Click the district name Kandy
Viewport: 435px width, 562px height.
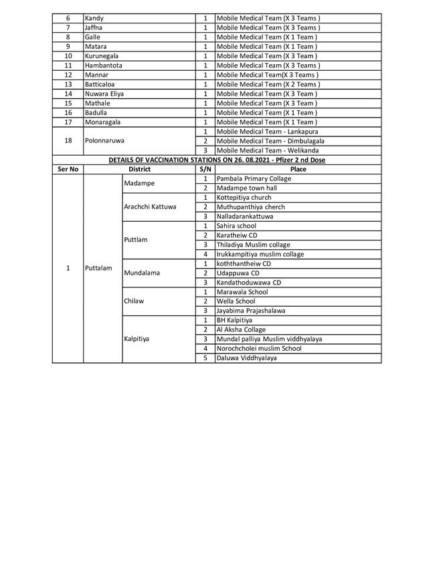pos(94,19)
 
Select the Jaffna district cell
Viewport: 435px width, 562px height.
pos(94,28)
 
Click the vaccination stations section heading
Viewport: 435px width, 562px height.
pos(216,160)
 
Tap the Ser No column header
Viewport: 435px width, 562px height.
pos(68,170)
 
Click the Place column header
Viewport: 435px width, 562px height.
pos(298,170)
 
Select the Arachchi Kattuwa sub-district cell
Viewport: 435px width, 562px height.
pos(151,207)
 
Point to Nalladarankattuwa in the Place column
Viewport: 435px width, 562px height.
pos(245,217)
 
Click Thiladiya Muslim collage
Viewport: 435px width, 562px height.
pos(254,245)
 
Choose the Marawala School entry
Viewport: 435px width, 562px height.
pos(242,292)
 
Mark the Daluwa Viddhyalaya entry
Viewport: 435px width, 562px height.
pos(246,358)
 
